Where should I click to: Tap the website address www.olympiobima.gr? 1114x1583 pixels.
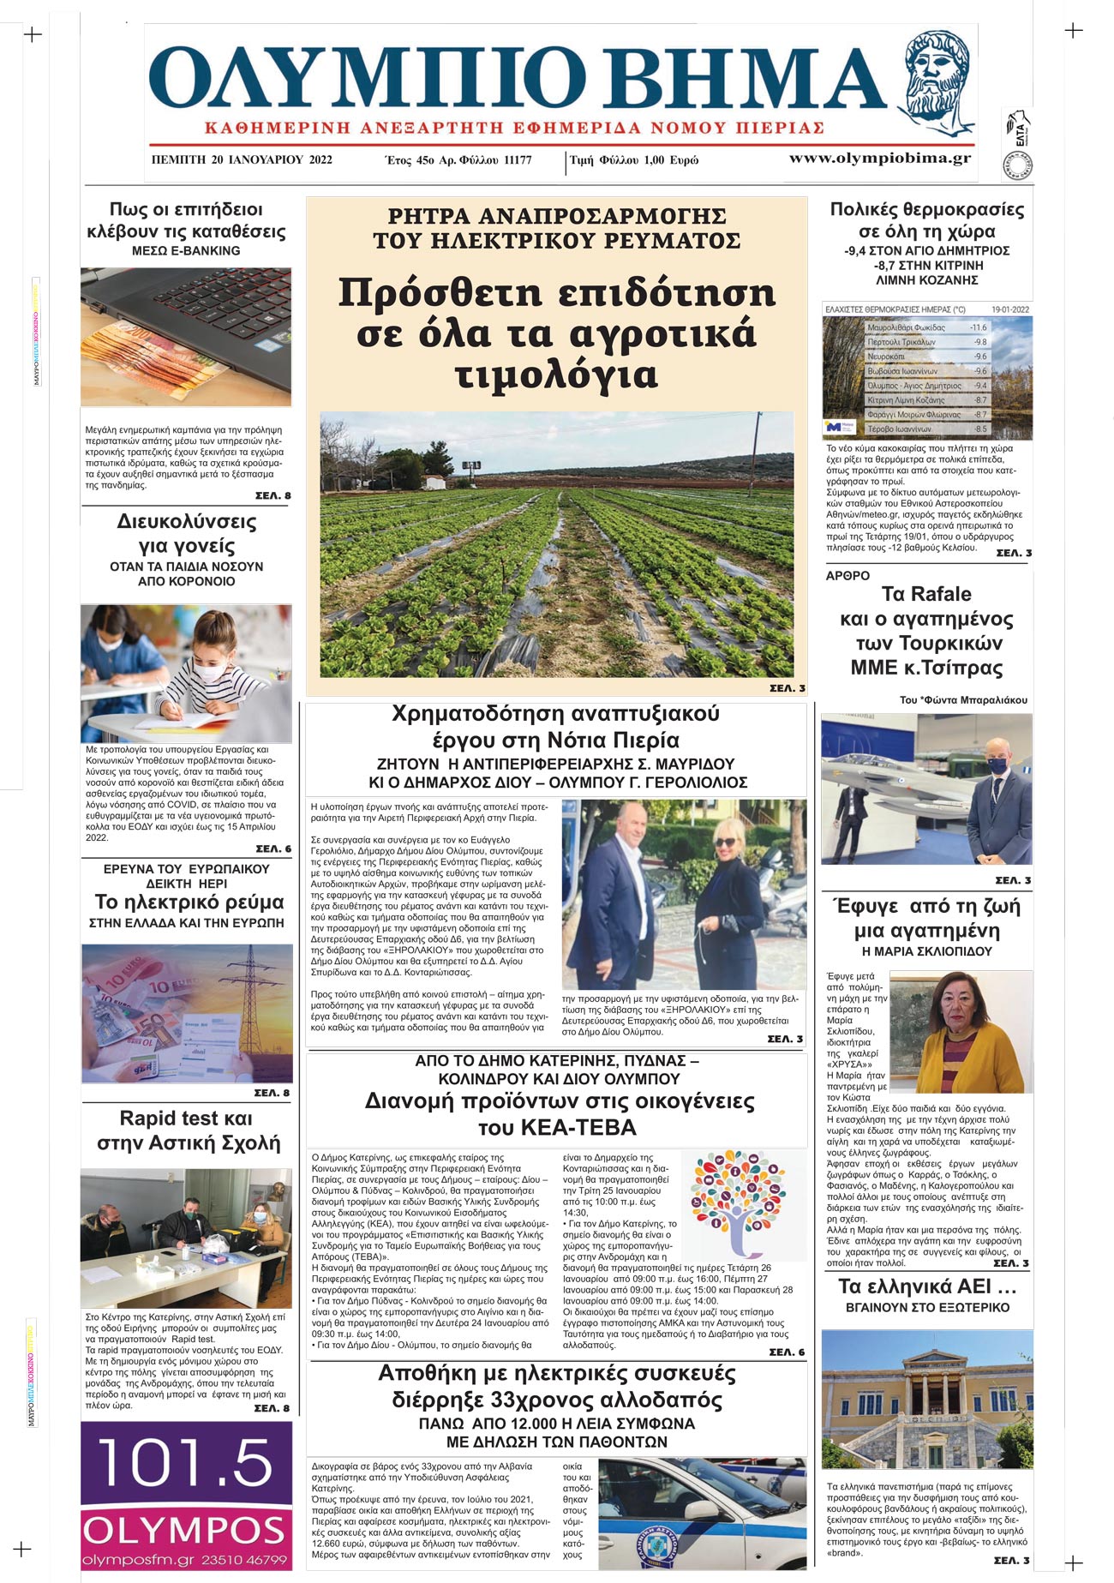tap(879, 158)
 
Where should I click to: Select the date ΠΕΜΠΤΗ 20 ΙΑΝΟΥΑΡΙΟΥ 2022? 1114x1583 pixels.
tap(242, 160)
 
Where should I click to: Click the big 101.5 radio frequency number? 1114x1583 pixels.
tap(185, 1463)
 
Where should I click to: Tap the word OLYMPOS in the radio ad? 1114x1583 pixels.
tap(185, 1530)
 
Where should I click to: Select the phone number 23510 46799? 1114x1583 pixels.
tap(244, 1560)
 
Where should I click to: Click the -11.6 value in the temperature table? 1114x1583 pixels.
tap(978, 327)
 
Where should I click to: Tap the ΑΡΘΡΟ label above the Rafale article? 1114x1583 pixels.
tap(847, 576)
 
